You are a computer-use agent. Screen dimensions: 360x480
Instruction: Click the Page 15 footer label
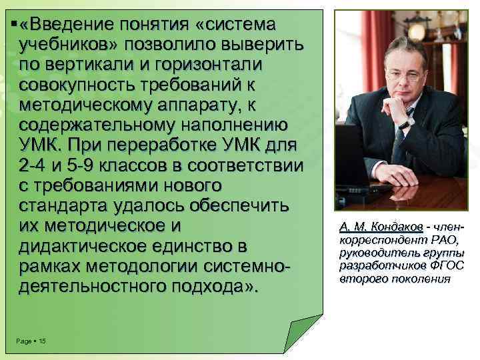point(29,341)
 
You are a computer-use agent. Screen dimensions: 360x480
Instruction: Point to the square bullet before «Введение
point(14,24)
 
